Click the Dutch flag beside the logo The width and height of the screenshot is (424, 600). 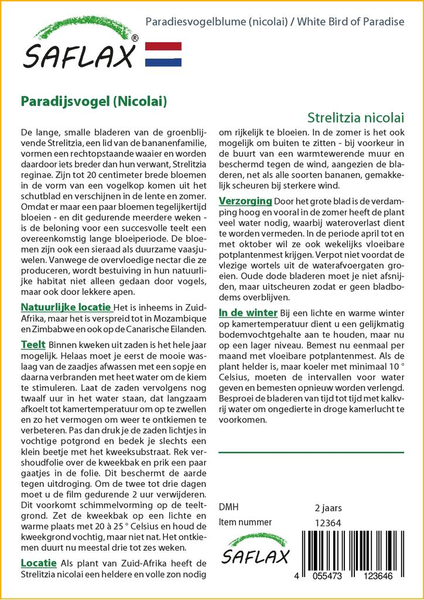[163, 54]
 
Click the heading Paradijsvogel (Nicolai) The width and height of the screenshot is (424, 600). [94, 101]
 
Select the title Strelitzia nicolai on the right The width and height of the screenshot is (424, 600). [355, 117]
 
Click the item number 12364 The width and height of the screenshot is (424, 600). [328, 522]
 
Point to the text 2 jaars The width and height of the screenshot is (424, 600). [329, 507]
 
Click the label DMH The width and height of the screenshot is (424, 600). [228, 507]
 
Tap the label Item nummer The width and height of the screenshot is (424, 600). [245, 522]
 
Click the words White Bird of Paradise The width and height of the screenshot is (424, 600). [351, 22]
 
